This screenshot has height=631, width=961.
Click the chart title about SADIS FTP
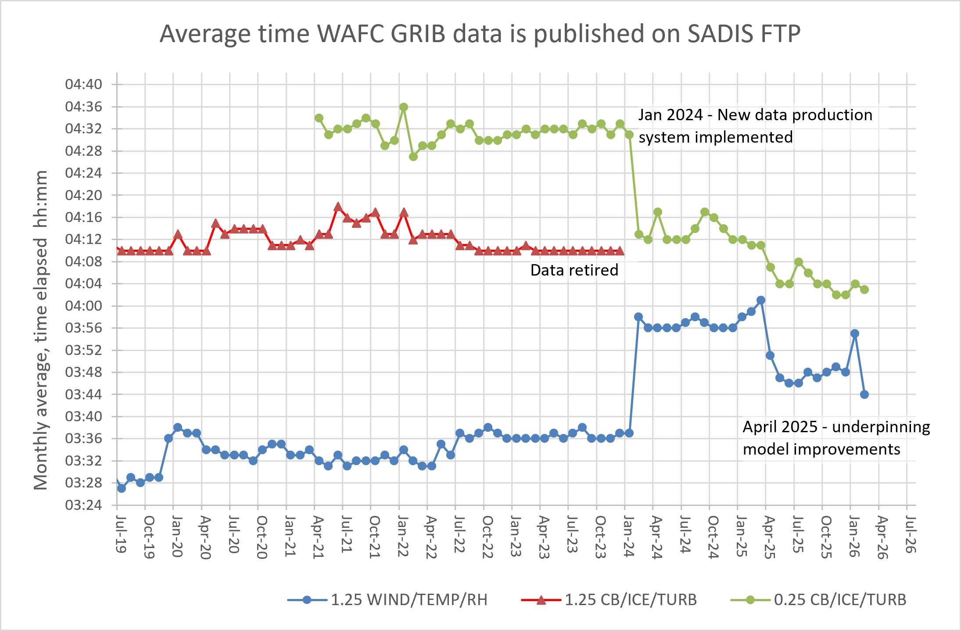pyautogui.click(x=480, y=34)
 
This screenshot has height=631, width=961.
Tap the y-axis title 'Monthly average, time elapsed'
pyautogui.click(x=41, y=330)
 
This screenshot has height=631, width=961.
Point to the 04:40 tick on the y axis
pyautogui.click(x=83, y=84)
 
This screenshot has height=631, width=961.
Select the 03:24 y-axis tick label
pyautogui.click(x=83, y=505)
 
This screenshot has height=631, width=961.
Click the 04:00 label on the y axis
pyautogui.click(x=83, y=306)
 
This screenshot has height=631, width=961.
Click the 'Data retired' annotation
pyautogui.click(x=574, y=270)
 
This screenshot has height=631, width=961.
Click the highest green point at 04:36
pyautogui.click(x=404, y=107)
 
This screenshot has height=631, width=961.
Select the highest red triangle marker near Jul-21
pyautogui.click(x=338, y=207)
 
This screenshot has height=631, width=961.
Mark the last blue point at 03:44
pyautogui.click(x=864, y=394)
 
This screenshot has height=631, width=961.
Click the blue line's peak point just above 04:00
pyautogui.click(x=761, y=300)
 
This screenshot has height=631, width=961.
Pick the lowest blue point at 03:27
pyautogui.click(x=122, y=488)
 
